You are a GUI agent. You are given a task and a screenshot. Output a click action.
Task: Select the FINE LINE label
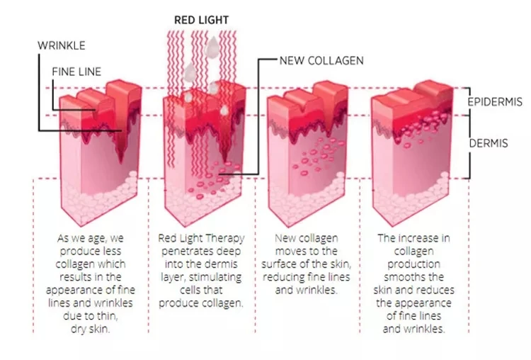[x=77, y=72]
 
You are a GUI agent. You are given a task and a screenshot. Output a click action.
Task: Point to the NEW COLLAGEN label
[x=321, y=60]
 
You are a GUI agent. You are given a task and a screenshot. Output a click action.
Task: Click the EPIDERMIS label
[x=495, y=102]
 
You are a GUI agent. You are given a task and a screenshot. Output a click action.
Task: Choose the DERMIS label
[x=488, y=143]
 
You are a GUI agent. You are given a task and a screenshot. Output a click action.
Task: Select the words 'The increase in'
[x=413, y=239]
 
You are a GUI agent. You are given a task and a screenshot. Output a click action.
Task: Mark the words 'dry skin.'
[x=93, y=328]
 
